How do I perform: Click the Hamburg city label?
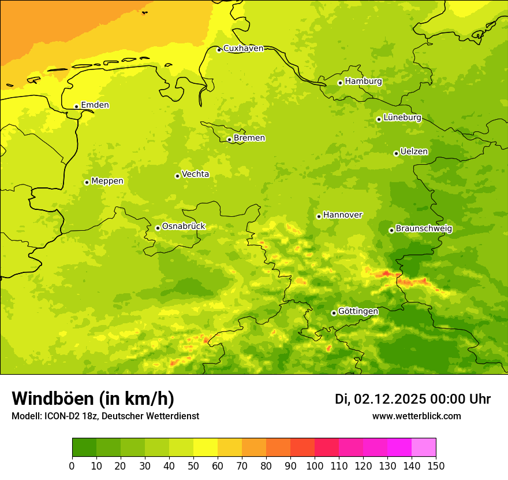point(363,82)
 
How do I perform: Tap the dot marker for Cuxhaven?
point(219,50)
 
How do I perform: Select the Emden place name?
point(95,105)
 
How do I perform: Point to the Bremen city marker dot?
point(229,139)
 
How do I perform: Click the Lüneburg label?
point(402,117)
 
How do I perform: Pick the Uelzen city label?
point(414,152)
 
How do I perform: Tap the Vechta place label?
point(195,174)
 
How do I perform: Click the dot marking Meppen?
point(87,182)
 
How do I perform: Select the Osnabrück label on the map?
point(184,226)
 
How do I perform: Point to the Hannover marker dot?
point(319,216)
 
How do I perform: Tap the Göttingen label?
point(358,311)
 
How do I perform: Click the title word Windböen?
point(53,398)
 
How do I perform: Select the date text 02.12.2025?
point(390,399)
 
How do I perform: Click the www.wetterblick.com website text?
point(416,416)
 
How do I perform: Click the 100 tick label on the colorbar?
point(315,466)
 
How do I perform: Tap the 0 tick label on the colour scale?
point(72,466)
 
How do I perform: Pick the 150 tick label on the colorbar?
point(436,466)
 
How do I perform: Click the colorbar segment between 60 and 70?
point(230,448)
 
